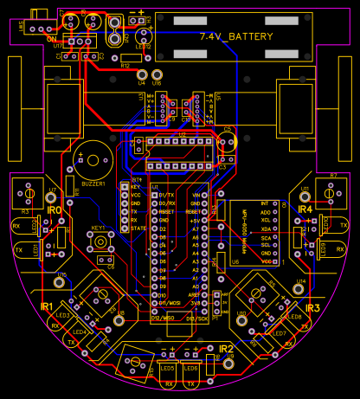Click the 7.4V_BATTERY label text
click(x=235, y=36)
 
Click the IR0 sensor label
click(x=54, y=210)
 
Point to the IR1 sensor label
click(x=47, y=307)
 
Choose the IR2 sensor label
click(x=226, y=349)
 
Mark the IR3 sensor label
click(x=312, y=308)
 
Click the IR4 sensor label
click(x=305, y=209)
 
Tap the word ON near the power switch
click(x=50, y=39)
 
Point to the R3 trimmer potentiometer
click(x=27, y=194)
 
